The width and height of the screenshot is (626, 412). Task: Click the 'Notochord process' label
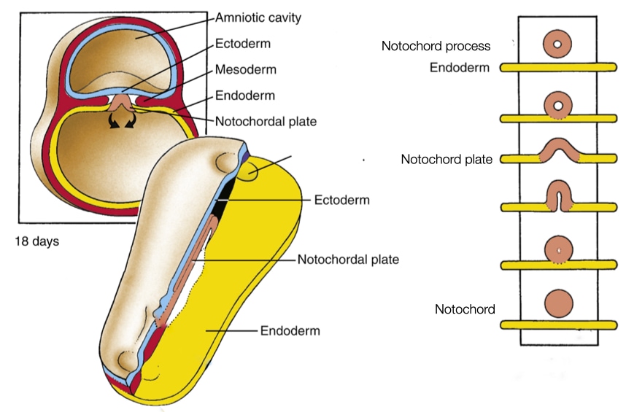point(436,46)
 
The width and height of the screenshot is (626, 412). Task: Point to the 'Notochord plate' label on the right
point(447,159)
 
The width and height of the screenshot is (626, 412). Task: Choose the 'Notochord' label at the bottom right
point(465,309)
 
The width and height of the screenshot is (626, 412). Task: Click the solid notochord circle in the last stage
point(559,303)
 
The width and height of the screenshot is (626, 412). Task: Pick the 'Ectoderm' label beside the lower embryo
point(342,200)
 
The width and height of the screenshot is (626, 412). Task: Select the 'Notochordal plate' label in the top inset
point(266,122)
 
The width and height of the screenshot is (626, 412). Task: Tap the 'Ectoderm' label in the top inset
point(243,44)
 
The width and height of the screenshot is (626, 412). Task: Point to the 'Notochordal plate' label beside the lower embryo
point(348,260)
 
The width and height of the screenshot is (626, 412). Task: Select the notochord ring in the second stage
point(559,106)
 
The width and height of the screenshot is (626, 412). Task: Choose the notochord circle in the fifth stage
point(559,249)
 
